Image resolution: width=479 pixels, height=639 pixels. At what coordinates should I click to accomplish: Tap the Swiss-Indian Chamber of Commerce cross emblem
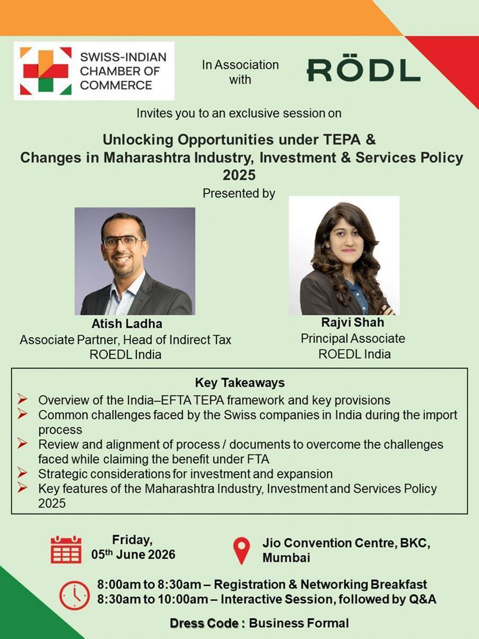46,71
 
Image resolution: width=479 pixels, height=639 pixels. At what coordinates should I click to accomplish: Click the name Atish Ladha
127,324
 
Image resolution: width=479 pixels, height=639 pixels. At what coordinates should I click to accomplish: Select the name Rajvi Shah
353,322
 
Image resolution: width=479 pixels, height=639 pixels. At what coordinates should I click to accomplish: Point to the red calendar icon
66,549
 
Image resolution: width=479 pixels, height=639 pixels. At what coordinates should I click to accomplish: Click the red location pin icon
242,550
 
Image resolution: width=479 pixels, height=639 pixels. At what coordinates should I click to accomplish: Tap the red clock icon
75,595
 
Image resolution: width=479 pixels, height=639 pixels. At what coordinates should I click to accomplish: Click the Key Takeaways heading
240,383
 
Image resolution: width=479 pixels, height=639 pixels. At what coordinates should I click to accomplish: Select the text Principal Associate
353,338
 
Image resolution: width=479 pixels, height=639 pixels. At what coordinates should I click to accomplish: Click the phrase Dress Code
204,623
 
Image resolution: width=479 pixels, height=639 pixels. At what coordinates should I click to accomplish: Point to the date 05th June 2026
133,554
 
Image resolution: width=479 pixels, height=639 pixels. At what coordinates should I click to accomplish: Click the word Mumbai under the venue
286,557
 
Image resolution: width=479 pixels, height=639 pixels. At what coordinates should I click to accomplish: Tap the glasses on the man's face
123,242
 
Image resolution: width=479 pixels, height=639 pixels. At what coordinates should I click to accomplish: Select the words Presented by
239,193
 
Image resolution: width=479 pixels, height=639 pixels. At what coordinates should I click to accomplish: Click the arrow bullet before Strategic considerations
22,473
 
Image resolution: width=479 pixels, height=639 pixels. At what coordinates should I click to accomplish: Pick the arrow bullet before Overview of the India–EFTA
22,400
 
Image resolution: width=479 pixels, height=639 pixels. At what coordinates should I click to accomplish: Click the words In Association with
240,72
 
